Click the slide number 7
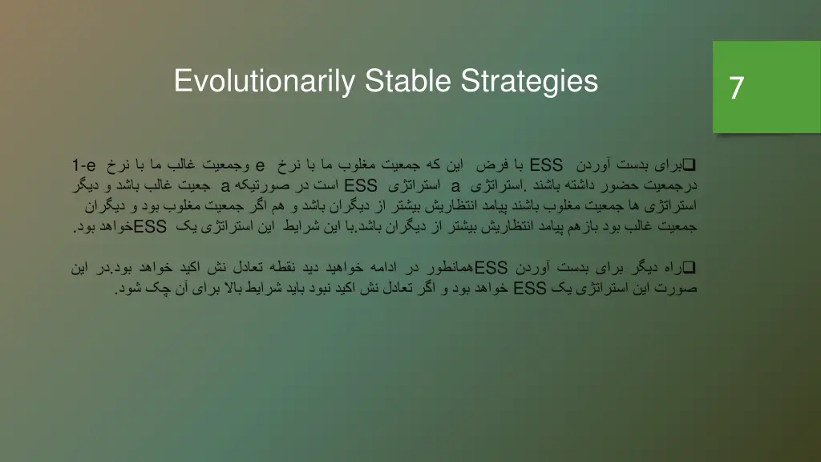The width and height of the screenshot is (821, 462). click(x=736, y=87)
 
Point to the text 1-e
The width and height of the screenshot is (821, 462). click(x=84, y=166)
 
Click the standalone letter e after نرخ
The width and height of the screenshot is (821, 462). click(x=261, y=166)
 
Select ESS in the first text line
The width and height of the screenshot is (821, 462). click(x=547, y=166)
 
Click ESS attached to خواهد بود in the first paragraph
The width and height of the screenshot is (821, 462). click(x=150, y=227)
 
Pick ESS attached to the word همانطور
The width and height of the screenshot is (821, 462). click(x=491, y=268)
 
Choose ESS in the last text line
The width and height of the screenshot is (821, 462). click(x=529, y=289)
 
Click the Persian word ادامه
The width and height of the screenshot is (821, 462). click(x=438, y=268)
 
